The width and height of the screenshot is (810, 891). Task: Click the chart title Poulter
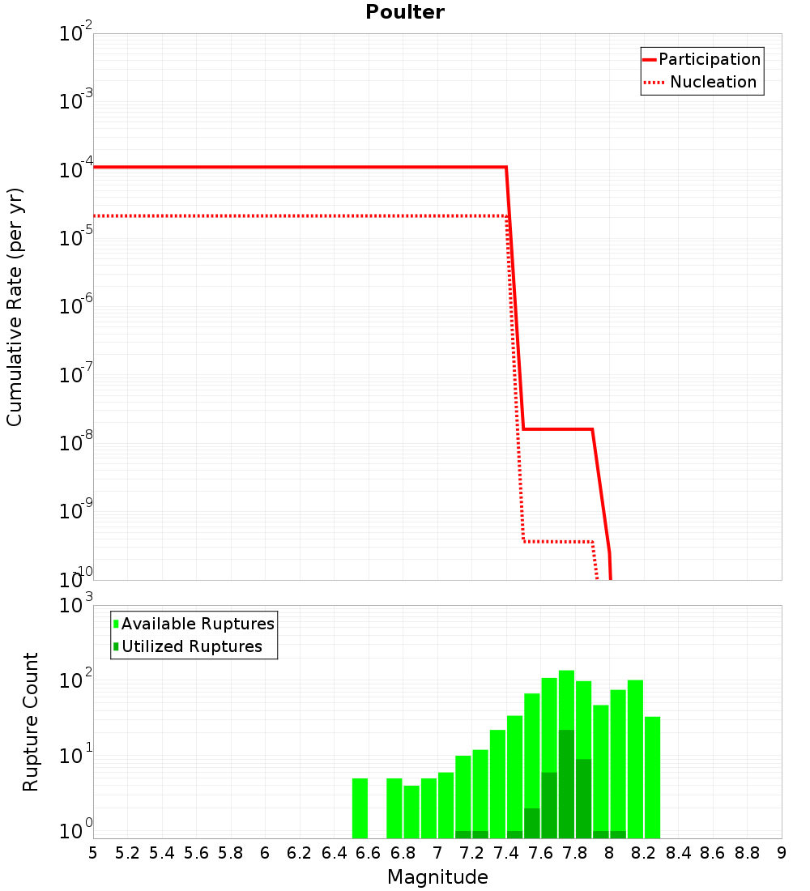click(405, 12)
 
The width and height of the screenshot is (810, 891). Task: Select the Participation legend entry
click(709, 59)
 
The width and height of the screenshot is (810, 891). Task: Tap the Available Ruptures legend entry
click(198, 624)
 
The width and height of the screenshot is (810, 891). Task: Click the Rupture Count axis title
click(31, 722)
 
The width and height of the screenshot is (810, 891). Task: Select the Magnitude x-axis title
click(437, 877)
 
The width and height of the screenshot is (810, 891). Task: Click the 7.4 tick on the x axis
click(506, 853)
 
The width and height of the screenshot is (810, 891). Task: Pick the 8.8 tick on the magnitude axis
click(747, 853)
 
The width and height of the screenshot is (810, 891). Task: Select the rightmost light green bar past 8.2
click(652, 778)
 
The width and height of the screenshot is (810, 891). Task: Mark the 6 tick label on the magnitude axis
click(265, 853)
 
